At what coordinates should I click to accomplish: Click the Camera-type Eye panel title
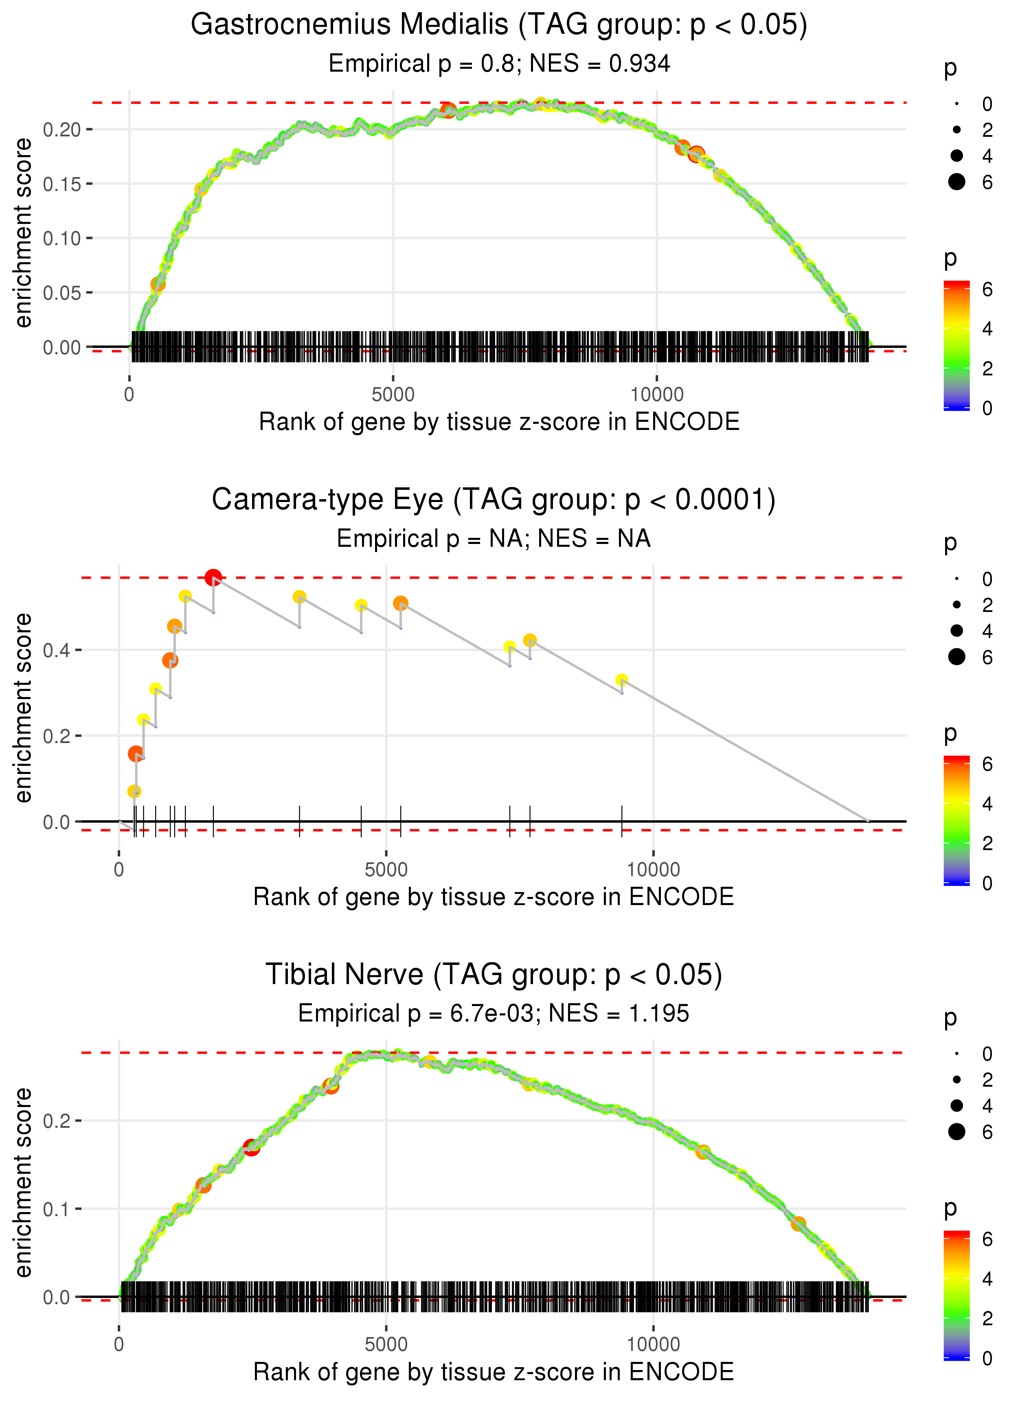tap(494, 500)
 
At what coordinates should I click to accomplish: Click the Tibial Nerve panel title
tap(494, 974)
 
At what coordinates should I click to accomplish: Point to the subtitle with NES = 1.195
tap(494, 1013)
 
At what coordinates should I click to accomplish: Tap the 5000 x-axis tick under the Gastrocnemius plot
tap(393, 395)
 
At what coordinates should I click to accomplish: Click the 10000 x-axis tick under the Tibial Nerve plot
tap(653, 1344)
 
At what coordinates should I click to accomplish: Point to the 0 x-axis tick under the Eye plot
tap(119, 870)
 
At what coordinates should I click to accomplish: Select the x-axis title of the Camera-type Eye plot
tap(494, 897)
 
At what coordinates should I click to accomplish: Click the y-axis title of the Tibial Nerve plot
tap(23, 1182)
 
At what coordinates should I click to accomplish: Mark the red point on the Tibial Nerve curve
tap(251, 1147)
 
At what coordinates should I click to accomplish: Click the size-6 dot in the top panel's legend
tap(957, 182)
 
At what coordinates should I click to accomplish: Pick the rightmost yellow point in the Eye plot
tap(621, 680)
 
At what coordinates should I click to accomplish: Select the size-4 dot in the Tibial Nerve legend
tap(957, 1105)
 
